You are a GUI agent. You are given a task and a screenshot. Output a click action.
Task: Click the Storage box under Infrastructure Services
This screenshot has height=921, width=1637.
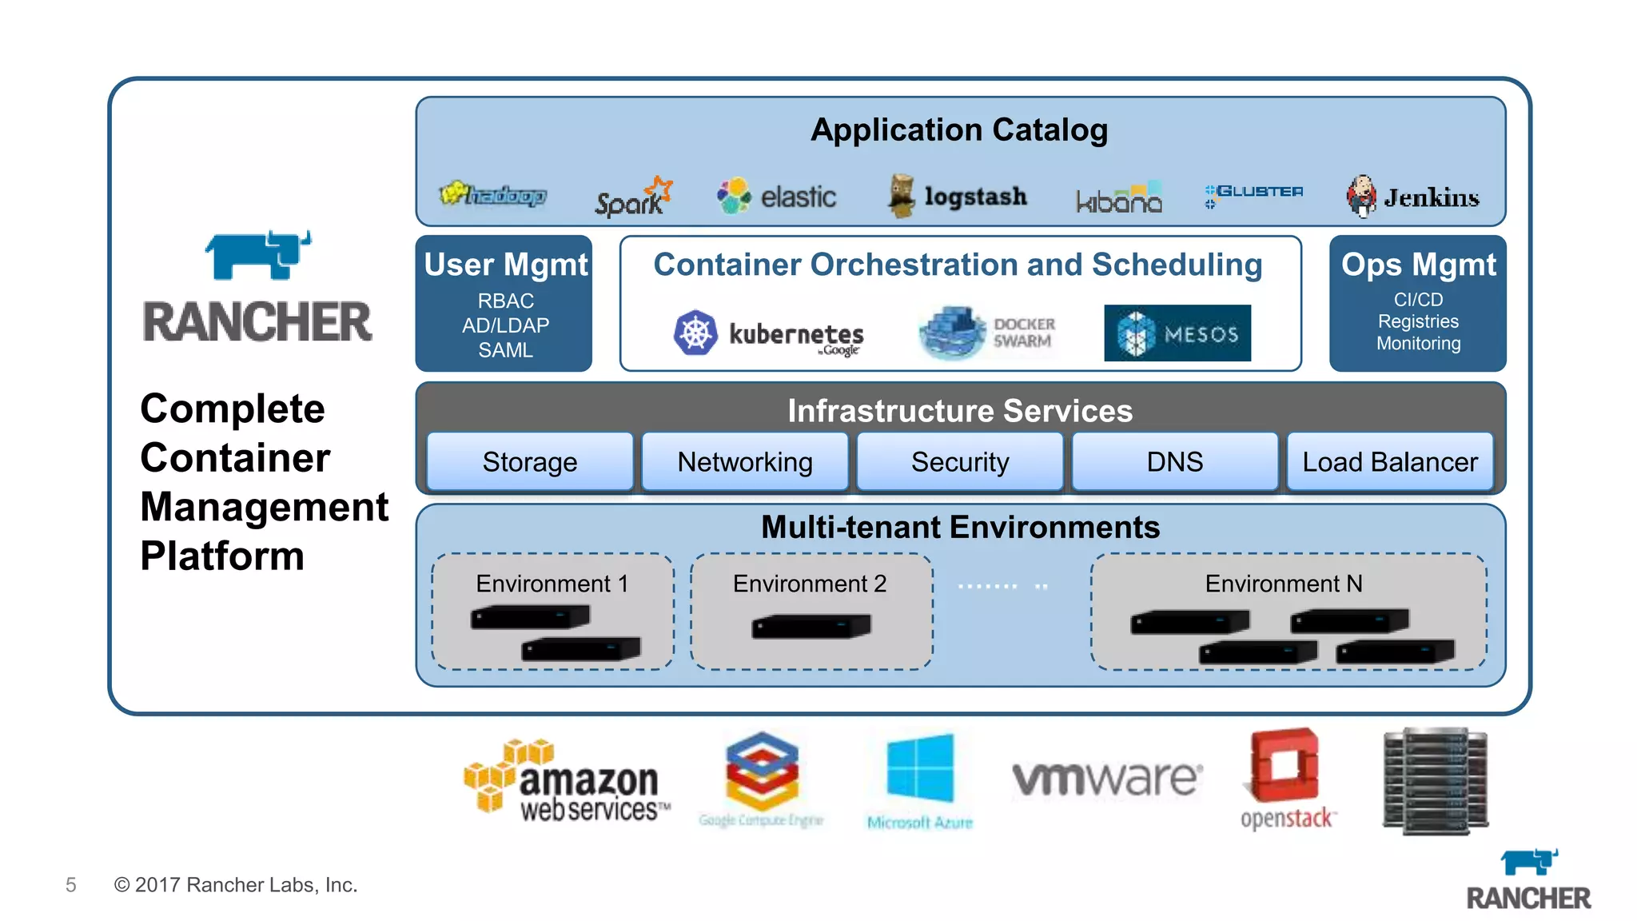(529, 461)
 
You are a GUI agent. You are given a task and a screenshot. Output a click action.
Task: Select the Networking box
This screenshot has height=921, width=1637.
(744, 461)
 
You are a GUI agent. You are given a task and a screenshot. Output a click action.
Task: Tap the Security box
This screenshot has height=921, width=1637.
(959, 461)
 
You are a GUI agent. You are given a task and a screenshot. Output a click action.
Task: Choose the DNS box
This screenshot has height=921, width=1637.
(1174, 461)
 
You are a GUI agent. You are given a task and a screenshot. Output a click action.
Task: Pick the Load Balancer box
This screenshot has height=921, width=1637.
(1389, 461)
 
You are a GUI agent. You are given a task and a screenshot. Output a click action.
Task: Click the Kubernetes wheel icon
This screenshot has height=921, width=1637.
(695, 333)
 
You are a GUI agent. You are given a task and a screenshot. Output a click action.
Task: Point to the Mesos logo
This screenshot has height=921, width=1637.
(1177, 333)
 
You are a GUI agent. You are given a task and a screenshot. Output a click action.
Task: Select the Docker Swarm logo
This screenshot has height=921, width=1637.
(988, 332)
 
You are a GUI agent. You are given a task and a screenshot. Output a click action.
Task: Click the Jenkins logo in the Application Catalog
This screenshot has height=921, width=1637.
(1412, 197)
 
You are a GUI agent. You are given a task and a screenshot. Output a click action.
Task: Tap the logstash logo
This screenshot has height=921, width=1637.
(958, 197)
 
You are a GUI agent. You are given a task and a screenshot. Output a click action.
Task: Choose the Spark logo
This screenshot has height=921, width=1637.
(633, 197)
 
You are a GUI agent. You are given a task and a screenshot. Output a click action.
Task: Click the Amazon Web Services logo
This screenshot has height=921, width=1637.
(566, 780)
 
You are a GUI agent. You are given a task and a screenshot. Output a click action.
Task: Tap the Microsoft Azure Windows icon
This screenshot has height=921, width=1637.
(920, 767)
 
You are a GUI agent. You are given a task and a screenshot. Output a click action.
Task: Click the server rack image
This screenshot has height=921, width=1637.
(1436, 780)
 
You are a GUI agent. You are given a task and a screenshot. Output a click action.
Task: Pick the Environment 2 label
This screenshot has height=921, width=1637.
(809, 584)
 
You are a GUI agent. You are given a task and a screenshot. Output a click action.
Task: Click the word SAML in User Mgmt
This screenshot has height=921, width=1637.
(505, 350)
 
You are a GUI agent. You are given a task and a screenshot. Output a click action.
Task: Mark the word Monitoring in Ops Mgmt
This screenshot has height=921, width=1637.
(1418, 344)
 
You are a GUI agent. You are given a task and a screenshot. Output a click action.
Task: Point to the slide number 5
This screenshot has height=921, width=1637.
(71, 885)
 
